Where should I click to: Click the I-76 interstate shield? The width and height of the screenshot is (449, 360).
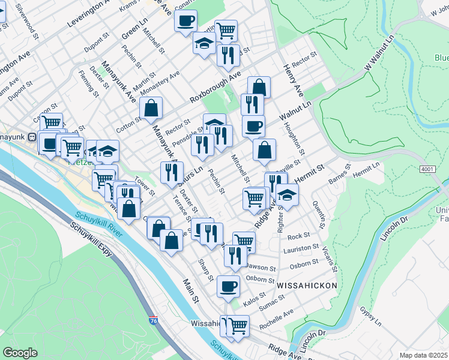pyautogui.click(x=154, y=321)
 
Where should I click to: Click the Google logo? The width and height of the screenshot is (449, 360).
pyautogui.click(x=20, y=352)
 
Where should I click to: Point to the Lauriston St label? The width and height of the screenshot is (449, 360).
pyautogui.click(x=303, y=248)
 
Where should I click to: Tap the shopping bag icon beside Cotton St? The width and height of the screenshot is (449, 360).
pyautogui.click(x=151, y=108)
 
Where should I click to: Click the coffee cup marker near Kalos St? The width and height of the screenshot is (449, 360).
pyautogui.click(x=228, y=286)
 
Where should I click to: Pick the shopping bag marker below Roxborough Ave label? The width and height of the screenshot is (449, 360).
pyautogui.click(x=259, y=87)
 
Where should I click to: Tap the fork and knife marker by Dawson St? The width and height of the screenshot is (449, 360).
pyautogui.click(x=235, y=256)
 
